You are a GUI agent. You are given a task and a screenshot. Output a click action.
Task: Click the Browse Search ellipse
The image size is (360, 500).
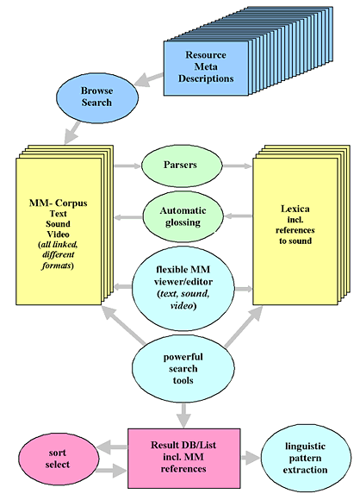(97, 98)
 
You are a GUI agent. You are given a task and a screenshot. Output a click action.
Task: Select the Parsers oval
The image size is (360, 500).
(182, 166)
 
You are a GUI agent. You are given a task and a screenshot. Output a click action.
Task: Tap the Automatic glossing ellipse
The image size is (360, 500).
(183, 217)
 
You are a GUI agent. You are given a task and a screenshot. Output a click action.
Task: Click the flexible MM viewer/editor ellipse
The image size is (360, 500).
(183, 288)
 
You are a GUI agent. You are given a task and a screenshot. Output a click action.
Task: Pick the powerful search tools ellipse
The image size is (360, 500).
(183, 368)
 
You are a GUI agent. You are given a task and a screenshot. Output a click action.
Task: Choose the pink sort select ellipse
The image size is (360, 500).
(59, 459)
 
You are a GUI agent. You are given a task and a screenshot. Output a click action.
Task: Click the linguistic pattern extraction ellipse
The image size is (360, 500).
(306, 458)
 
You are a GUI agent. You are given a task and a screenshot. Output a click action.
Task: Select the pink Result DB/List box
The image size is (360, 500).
(184, 459)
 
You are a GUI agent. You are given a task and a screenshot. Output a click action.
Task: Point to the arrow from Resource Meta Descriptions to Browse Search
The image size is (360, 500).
(149, 79)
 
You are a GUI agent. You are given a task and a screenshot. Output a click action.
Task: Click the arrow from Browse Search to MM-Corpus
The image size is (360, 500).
(72, 133)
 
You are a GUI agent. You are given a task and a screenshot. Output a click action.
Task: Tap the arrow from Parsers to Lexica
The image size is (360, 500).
(237, 166)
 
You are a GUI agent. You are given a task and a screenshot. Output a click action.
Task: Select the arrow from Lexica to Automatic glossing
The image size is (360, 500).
(239, 216)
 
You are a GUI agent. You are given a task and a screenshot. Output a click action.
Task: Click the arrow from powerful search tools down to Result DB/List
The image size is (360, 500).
(183, 416)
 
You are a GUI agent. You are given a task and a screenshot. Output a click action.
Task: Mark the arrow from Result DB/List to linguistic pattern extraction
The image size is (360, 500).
(251, 458)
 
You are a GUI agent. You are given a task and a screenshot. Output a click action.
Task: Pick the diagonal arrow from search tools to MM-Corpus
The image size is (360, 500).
(124, 325)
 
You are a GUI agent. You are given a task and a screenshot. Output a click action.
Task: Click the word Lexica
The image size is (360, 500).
(295, 209)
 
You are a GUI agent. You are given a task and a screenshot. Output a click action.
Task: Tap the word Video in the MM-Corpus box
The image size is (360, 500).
(58, 234)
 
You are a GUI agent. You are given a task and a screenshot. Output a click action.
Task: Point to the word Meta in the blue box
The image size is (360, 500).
(206, 66)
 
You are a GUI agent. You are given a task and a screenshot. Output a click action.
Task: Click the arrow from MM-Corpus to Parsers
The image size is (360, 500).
(127, 166)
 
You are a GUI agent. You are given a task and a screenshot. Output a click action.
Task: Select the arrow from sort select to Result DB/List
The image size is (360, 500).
(114, 471)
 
